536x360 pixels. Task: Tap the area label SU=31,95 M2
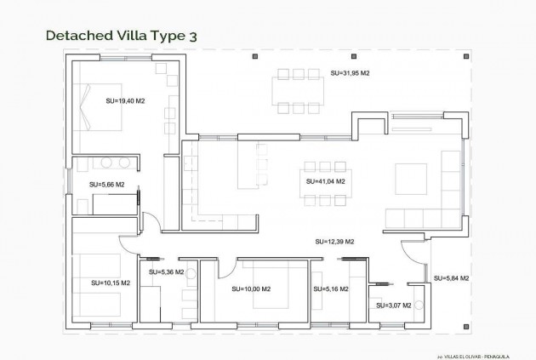[350, 74]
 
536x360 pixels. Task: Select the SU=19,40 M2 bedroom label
[125, 101]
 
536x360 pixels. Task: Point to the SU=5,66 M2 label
[106, 184]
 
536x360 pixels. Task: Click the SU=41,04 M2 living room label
[325, 181]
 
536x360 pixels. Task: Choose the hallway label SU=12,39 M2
[334, 242]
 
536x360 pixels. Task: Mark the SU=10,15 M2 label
[111, 283]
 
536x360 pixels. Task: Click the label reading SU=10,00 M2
[251, 289]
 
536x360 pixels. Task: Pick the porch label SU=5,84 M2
[451, 278]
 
